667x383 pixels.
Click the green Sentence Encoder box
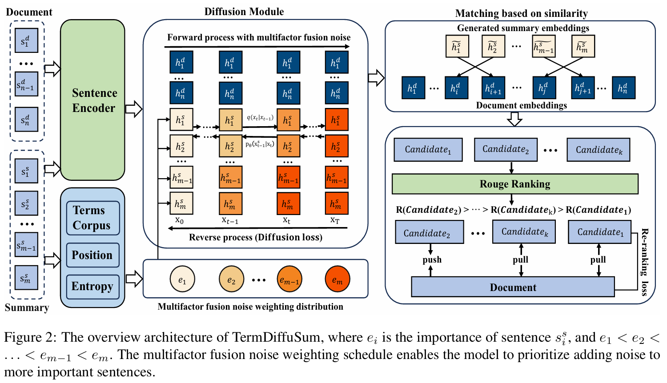pyautogui.click(x=92, y=100)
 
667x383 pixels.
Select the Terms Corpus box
pyautogui.click(x=93, y=218)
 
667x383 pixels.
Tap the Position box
pyautogui.click(x=93, y=255)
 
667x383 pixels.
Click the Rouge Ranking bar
pyautogui.click(x=515, y=184)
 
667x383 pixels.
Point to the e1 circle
pyautogui.click(x=182, y=279)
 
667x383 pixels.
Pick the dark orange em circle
pyautogui.click(x=338, y=279)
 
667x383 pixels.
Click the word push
pyautogui.click(x=432, y=260)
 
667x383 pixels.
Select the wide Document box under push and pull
pyautogui.click(x=513, y=287)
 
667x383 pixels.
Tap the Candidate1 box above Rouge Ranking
pyautogui.click(x=428, y=150)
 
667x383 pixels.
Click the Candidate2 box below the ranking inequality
pyautogui.click(x=430, y=232)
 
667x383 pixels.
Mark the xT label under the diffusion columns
pyautogui.click(x=335, y=220)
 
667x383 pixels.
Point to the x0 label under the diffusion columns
pyautogui.click(x=179, y=220)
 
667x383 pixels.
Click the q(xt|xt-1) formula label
pyautogui.click(x=260, y=118)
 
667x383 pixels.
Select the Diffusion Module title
pyautogui.click(x=244, y=12)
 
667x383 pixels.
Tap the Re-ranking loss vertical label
pyautogui.click(x=645, y=262)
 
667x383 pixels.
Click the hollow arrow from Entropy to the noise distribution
pyautogui.click(x=134, y=279)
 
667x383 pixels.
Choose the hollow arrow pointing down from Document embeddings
pyautogui.click(x=514, y=119)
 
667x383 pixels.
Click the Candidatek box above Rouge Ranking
pyautogui.click(x=598, y=150)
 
